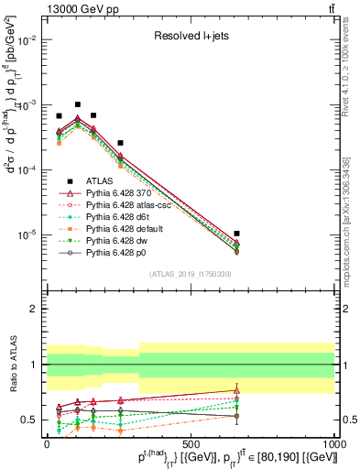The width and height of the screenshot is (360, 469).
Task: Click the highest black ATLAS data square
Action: point(78,104)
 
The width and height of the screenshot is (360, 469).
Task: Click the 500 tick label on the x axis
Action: point(190,444)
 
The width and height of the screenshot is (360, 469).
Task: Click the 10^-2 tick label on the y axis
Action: point(26,40)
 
